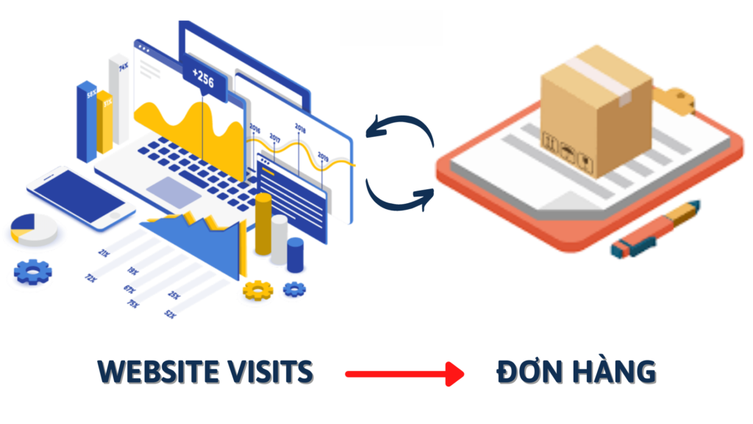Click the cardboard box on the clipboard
click(x=596, y=110)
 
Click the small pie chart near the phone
click(x=33, y=228)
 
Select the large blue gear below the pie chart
click(x=33, y=273)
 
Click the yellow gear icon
click(x=258, y=290)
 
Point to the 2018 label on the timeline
click(x=300, y=127)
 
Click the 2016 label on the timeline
click(x=254, y=128)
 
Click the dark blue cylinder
click(x=296, y=255)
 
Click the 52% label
click(x=170, y=314)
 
